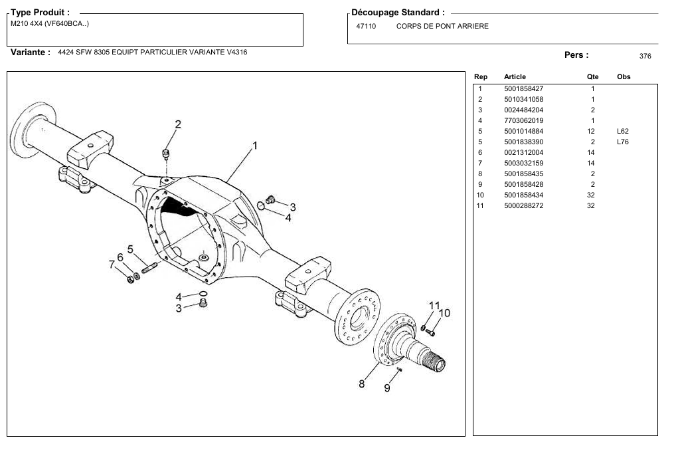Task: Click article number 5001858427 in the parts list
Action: [x=523, y=88]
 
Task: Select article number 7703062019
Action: [x=523, y=120]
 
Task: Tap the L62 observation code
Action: [x=622, y=131]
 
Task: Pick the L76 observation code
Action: [x=622, y=142]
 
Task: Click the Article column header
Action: [x=515, y=76]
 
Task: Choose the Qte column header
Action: [x=592, y=76]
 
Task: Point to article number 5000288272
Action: [x=523, y=205]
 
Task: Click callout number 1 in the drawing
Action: [x=255, y=146]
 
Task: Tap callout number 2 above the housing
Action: [x=178, y=124]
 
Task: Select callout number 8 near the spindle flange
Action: [x=361, y=384]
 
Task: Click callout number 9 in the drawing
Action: [x=387, y=388]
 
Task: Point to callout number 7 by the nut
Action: [x=112, y=264]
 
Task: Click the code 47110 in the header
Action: [x=366, y=27]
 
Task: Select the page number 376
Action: [x=645, y=56]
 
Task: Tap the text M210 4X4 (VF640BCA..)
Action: [x=50, y=24]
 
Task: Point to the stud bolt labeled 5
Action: [x=149, y=268]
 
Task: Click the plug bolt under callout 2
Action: [x=165, y=154]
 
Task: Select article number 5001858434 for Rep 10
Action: [x=523, y=195]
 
